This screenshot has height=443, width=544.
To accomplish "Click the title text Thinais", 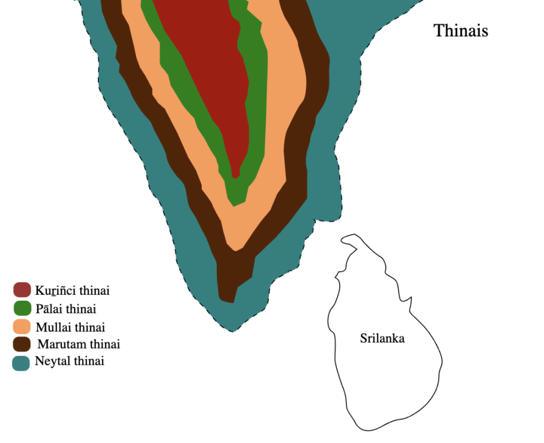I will pyautogui.click(x=461, y=30).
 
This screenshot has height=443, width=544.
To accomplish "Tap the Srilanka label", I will pyautogui.click(x=382, y=338).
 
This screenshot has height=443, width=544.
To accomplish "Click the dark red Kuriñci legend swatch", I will pyautogui.click(x=22, y=290).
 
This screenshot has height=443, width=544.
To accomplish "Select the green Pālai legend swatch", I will pyautogui.click(x=22, y=308).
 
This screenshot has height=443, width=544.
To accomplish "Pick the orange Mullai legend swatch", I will pyautogui.click(x=22, y=326).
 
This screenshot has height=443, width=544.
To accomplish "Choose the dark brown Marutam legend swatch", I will pyautogui.click(x=22, y=344).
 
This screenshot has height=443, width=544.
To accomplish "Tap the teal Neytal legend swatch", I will pyautogui.click(x=21, y=362).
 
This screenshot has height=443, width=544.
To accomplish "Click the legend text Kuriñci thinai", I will pyautogui.click(x=72, y=291).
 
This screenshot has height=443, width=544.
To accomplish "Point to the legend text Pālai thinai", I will pyautogui.click(x=66, y=308).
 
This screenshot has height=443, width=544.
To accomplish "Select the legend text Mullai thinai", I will pyautogui.click(x=70, y=326).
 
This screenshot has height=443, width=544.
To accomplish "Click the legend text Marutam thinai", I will pyautogui.click(x=79, y=344).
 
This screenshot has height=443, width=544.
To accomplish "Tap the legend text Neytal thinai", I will pyautogui.click(x=70, y=362).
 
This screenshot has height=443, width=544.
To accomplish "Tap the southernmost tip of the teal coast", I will pyautogui.click(x=232, y=331).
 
